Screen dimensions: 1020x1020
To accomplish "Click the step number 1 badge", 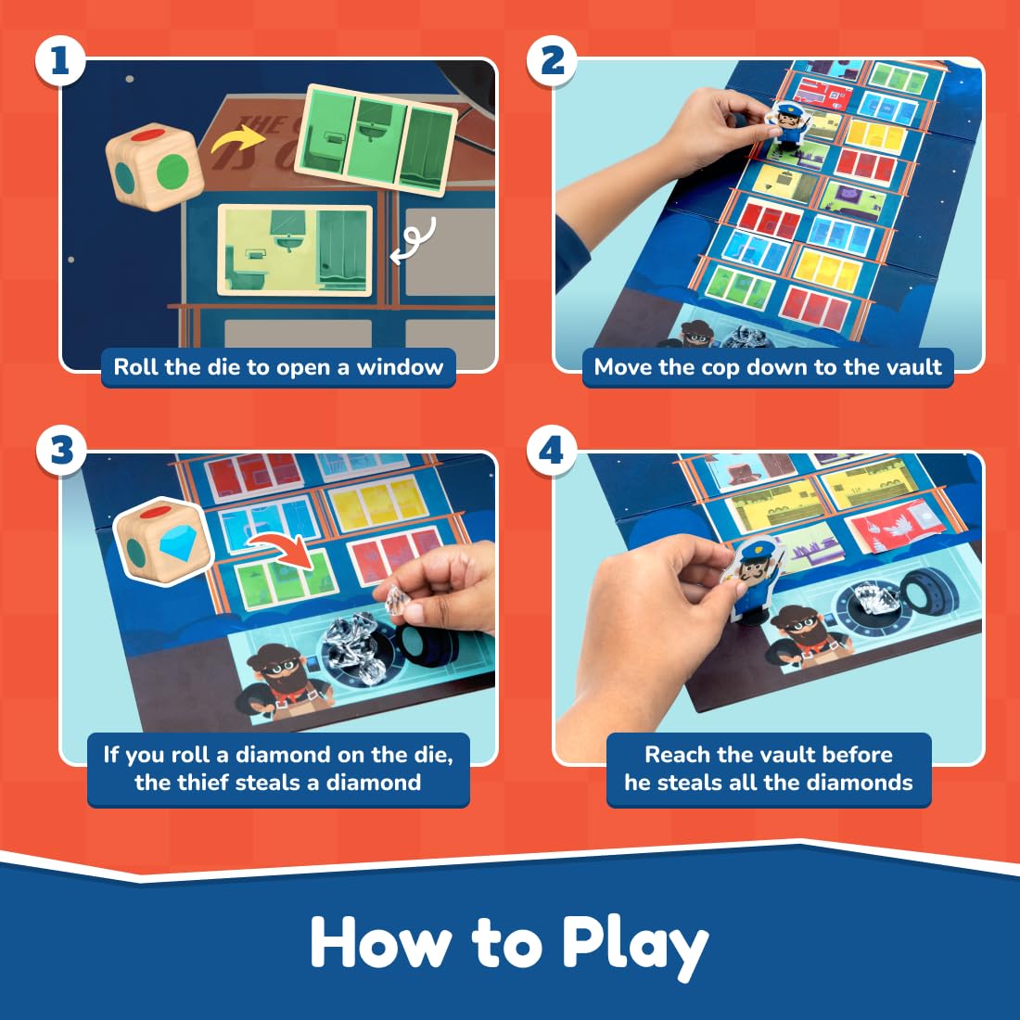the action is tap(60, 60).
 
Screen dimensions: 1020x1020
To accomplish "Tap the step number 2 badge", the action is tap(552, 60).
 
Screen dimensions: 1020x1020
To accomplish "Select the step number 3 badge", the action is tap(61, 450).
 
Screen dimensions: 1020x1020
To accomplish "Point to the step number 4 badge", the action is tap(552, 450).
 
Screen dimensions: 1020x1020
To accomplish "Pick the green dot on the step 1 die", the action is tap(172, 172).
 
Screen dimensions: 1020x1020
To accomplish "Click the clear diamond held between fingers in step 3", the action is tap(397, 601).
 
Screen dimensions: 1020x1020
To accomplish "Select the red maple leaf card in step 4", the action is tap(901, 527).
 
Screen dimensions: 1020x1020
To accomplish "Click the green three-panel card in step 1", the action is tap(376, 140).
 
